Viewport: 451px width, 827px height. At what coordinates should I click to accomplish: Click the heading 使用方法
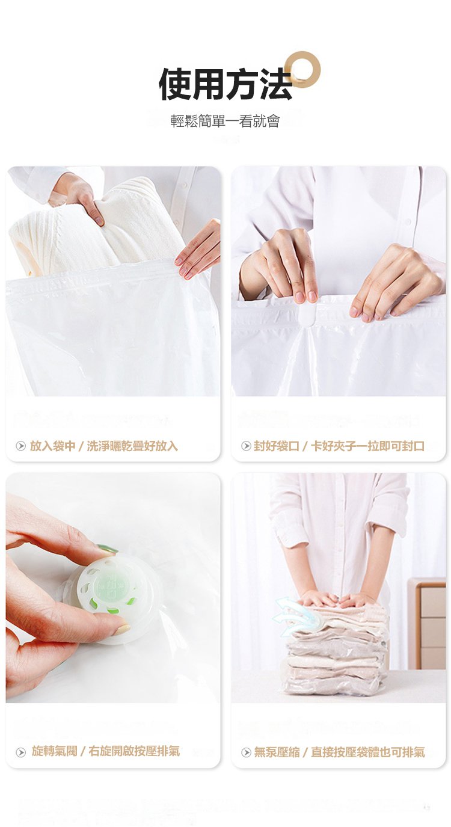pos(226,84)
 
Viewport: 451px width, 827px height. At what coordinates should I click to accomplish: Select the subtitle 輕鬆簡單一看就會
pos(225,121)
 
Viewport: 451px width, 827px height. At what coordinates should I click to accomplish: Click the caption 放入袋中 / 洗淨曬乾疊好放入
pos(103,446)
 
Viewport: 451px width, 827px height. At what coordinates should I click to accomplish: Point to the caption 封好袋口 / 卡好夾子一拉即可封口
pos(339,446)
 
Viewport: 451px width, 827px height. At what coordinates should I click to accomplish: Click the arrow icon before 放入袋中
pos(20,446)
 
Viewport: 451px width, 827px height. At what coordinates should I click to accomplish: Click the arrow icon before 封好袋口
pos(246,446)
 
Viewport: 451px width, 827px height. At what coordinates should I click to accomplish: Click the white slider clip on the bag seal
pos(307,313)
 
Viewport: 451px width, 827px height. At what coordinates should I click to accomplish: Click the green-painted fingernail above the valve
pos(107,549)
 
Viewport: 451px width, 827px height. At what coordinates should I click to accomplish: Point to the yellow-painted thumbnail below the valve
pos(123,629)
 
